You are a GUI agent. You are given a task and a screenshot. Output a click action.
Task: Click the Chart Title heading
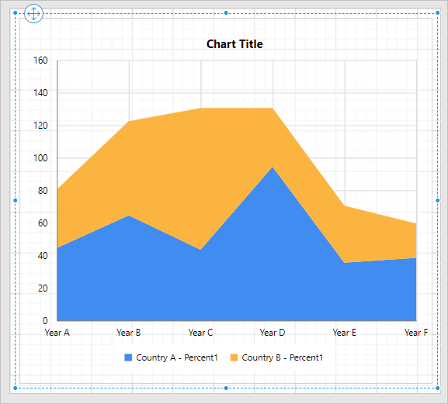pyautogui.click(x=234, y=44)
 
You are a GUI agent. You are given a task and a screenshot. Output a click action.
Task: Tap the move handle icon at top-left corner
pyautogui.click(x=34, y=14)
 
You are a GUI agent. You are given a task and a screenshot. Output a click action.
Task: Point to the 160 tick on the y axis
pyautogui.click(x=40, y=60)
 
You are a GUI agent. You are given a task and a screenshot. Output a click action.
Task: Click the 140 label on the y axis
pyautogui.click(x=40, y=93)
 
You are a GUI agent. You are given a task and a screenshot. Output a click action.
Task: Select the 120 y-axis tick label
pyautogui.click(x=40, y=126)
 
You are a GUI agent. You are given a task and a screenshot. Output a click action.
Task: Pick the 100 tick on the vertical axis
pyautogui.click(x=40, y=158)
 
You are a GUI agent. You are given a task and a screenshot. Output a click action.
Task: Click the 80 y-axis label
pyautogui.click(x=43, y=191)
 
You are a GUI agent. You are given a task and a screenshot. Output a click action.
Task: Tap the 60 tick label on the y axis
pyautogui.click(x=43, y=223)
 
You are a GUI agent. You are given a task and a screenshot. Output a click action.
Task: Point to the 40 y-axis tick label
pyautogui.click(x=43, y=256)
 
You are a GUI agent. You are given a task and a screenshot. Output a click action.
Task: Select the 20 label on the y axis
pyautogui.click(x=43, y=288)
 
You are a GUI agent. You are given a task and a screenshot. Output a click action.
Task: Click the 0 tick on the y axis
pyautogui.click(x=45, y=321)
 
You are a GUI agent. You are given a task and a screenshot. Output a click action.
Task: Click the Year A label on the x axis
pyautogui.click(x=57, y=333)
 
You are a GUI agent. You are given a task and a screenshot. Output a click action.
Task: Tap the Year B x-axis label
pyautogui.click(x=129, y=333)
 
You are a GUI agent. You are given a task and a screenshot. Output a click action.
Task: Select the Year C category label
pyautogui.click(x=201, y=333)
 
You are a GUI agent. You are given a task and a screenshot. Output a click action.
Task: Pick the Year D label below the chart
pyautogui.click(x=273, y=333)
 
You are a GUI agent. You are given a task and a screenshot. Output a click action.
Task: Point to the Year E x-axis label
pyautogui.click(x=345, y=333)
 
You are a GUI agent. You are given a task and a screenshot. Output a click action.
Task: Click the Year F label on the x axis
pyautogui.click(x=416, y=333)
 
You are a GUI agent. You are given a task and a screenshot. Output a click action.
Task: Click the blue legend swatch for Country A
pyautogui.click(x=129, y=357)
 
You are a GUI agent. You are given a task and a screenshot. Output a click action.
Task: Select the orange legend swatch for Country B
pyautogui.click(x=234, y=357)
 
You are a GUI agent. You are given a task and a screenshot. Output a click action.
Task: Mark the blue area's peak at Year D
pyautogui.click(x=273, y=167)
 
